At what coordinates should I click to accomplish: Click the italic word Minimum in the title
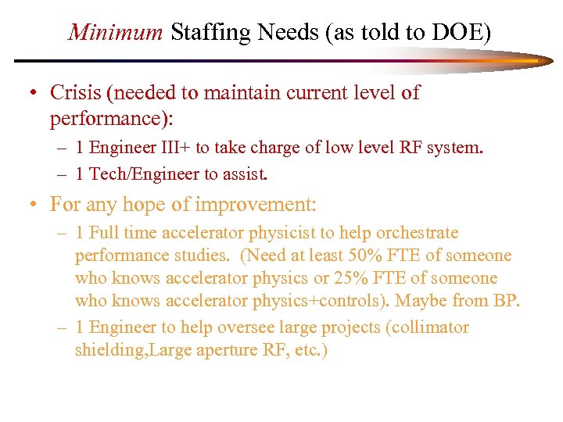[116, 32]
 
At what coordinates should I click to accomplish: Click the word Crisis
[76, 93]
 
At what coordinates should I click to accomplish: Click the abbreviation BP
[507, 301]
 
